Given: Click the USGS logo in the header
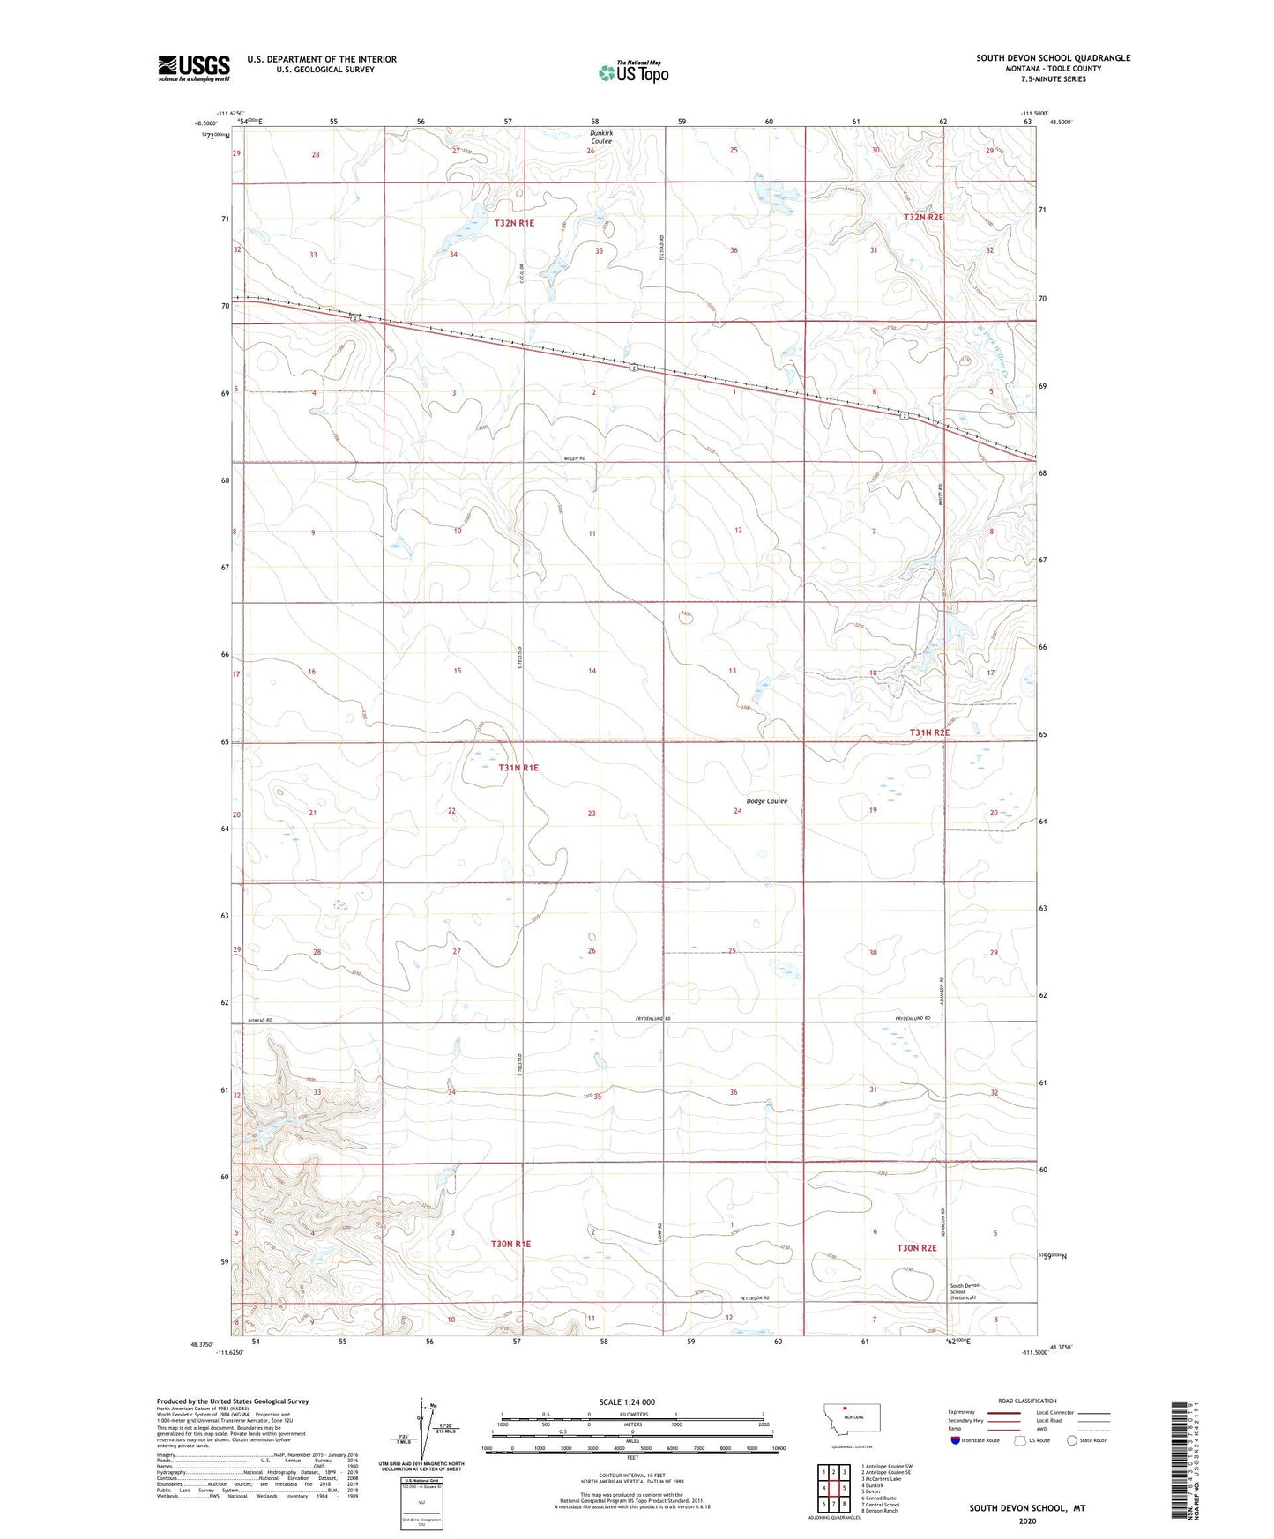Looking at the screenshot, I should (194, 68).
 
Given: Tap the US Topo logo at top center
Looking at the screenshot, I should (632, 72).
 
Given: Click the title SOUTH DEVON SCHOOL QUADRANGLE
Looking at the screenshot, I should (1053, 58).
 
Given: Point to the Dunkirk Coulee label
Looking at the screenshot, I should (601, 137).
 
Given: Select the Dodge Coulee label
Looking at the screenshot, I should (766, 801).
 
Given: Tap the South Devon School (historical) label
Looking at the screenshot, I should (964, 1291).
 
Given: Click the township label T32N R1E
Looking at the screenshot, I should (514, 224).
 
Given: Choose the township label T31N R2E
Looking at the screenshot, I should (929, 733).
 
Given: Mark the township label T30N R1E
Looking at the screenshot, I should (510, 1244).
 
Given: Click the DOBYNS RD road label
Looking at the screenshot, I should (257, 1020).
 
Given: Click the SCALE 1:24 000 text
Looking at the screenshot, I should (627, 1401).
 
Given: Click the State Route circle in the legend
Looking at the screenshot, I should (1071, 1440).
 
